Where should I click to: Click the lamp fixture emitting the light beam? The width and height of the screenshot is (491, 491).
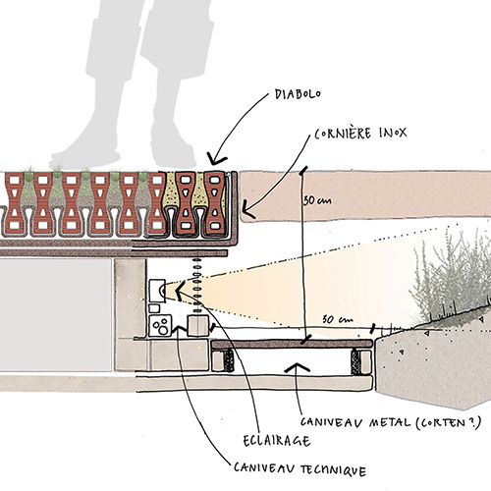[158, 292]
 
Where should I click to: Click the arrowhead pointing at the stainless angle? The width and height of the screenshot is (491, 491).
[245, 209]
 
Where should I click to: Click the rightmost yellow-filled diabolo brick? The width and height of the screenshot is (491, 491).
[217, 203]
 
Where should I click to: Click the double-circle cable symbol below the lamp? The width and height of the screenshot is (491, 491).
[160, 323]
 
